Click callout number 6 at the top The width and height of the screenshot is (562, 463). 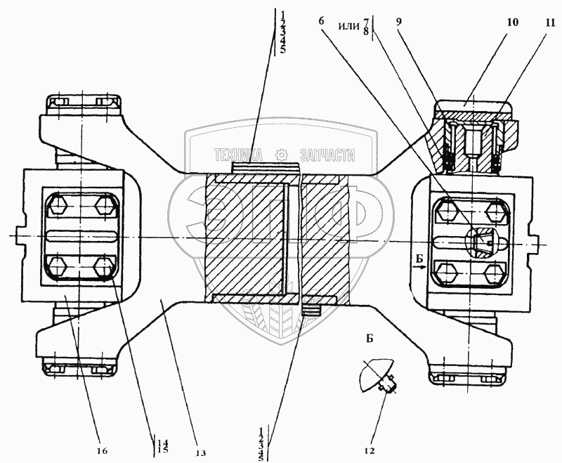coord(322,21)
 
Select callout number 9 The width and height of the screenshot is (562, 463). coord(398,21)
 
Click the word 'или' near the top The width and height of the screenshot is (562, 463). coord(348,26)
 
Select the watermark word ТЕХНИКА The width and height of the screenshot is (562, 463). coord(239,155)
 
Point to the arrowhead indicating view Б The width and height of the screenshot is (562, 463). coord(426,268)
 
